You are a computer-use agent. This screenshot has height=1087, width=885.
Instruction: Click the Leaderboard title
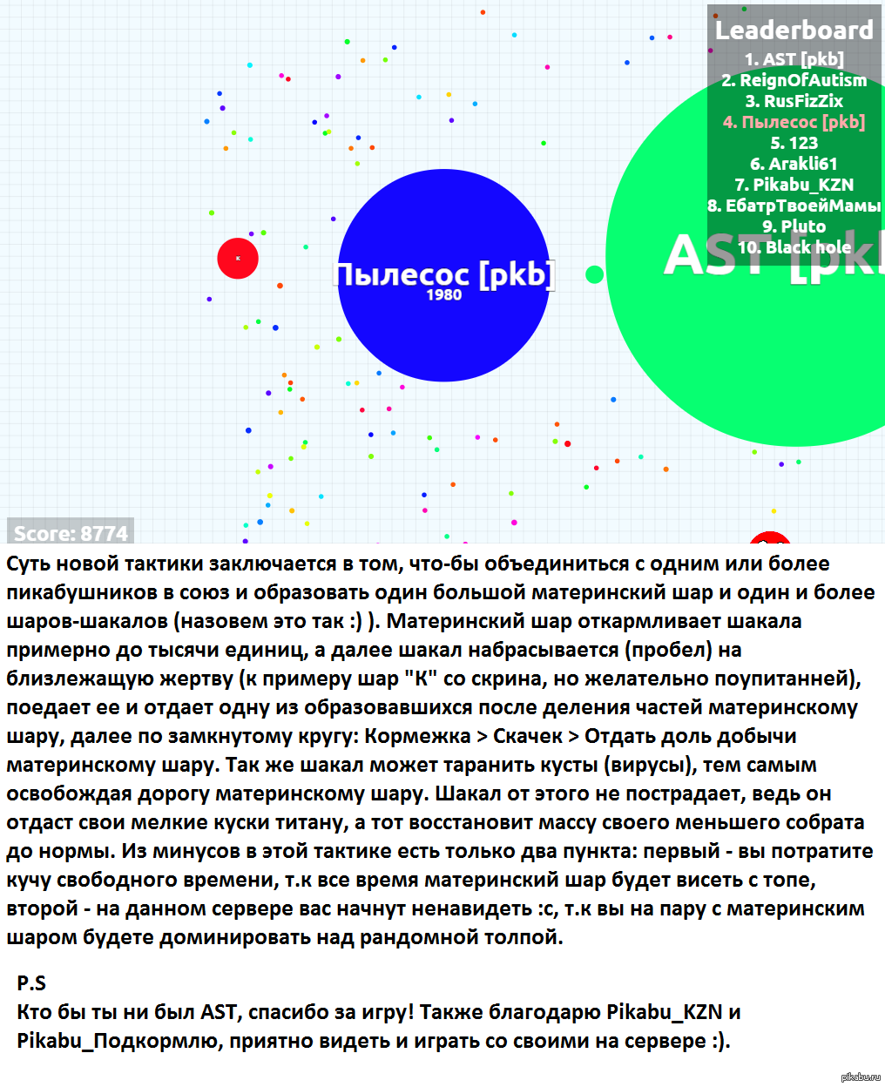pos(794,30)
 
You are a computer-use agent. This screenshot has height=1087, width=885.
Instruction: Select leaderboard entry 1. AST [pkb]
pos(794,59)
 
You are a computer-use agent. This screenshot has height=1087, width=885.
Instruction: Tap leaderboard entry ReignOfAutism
pos(794,80)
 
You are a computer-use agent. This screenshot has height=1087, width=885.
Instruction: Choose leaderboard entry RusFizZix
pos(794,101)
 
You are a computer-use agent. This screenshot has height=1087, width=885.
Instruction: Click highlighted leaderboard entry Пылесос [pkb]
pos(794,122)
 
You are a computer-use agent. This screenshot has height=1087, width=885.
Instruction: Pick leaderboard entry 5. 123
pos(794,143)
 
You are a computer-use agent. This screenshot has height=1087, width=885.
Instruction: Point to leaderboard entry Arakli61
pos(794,164)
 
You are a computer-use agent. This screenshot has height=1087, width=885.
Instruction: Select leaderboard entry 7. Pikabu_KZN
pos(794,185)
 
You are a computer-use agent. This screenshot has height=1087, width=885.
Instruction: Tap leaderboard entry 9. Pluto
pos(794,226)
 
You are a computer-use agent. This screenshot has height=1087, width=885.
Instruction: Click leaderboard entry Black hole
pos(794,247)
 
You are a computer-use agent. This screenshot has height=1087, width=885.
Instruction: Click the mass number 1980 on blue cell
pos(443,295)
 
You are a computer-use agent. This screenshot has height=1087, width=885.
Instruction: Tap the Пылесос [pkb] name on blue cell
pos(443,274)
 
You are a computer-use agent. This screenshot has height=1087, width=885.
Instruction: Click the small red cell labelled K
pos(238,258)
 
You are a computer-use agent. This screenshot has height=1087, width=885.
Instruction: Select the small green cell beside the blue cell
pos(595,275)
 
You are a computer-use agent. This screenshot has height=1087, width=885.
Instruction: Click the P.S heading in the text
pos(31,983)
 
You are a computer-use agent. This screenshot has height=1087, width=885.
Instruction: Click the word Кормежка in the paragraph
pos(417,736)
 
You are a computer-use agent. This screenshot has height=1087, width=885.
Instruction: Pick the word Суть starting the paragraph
pos(28,564)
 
